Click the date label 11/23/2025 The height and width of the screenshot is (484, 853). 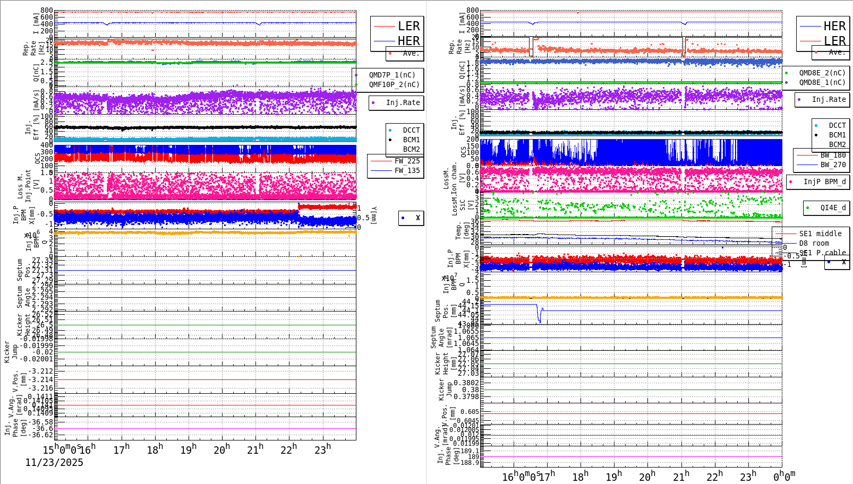coord(54,463)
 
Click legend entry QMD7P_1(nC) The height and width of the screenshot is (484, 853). coord(392,75)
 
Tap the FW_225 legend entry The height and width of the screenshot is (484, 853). coord(407,161)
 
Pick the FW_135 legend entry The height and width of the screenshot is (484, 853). coord(407,170)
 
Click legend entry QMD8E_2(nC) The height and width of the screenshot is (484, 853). coord(822,73)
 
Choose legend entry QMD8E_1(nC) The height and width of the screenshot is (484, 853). coord(822,82)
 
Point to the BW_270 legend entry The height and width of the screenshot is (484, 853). coord(833,165)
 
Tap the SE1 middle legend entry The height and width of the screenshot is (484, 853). coord(820,234)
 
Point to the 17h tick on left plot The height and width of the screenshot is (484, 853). coord(122,450)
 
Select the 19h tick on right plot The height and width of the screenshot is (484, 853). coord(613,477)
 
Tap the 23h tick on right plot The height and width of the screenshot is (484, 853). coord(748,477)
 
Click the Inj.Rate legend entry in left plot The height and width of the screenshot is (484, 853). coord(403,102)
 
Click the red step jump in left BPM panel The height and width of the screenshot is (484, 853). coord(298,208)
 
